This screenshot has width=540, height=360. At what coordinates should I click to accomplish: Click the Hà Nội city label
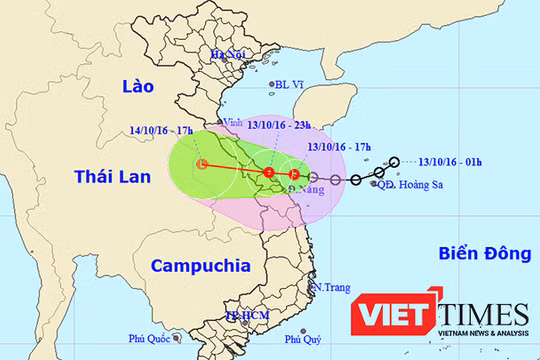[227, 55]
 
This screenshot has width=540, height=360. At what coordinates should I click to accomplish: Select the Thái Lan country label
[112, 177]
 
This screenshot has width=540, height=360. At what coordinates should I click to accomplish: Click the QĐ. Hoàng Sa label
[407, 185]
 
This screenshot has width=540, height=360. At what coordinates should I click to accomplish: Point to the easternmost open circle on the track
[396, 162]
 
